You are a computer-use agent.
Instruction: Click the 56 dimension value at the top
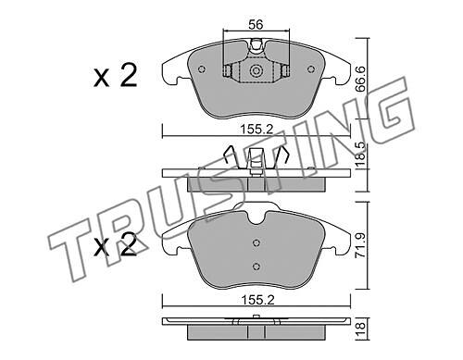click(256, 24)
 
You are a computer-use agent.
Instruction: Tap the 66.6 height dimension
click(360, 79)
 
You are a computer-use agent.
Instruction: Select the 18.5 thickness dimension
click(360, 155)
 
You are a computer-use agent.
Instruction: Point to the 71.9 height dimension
click(360, 245)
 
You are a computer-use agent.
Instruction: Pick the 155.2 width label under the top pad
click(257, 130)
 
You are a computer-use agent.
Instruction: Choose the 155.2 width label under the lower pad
click(257, 300)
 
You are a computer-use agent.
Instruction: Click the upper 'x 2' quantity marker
click(115, 76)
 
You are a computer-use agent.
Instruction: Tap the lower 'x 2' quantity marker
click(115, 245)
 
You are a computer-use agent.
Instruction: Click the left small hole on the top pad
click(202, 69)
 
